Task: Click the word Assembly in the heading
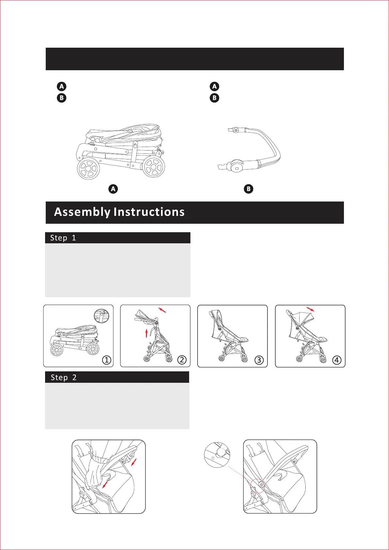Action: click(82, 212)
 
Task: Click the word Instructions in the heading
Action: click(149, 212)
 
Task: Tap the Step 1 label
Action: click(63, 238)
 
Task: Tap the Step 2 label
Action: click(64, 378)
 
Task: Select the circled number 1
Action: click(107, 360)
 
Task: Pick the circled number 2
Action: click(182, 360)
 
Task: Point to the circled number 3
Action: click(259, 360)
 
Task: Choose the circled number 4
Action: click(337, 360)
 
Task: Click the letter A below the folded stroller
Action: click(113, 189)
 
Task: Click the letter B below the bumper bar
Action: click(249, 189)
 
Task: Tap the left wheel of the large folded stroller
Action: click(88, 169)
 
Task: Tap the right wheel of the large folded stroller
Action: click(154, 167)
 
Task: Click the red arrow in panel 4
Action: click(311, 309)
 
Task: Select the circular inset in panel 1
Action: click(102, 316)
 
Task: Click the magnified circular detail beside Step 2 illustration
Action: click(217, 455)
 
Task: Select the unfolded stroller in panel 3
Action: click(229, 336)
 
